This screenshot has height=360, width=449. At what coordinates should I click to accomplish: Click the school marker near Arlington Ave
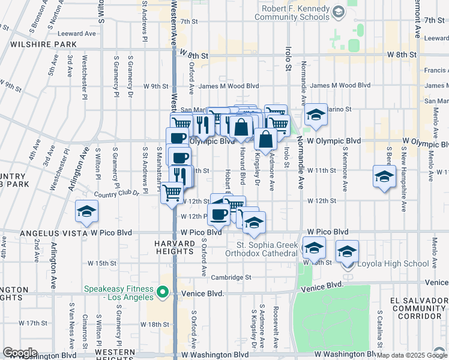point(87,213)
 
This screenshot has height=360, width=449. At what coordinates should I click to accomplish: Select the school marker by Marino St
point(316,115)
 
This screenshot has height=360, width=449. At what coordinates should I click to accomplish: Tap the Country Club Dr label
point(116,193)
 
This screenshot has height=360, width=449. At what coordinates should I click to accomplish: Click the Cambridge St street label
point(231,277)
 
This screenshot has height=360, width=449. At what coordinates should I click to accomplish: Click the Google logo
point(20,353)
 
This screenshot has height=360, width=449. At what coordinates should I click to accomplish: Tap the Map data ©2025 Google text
point(412,355)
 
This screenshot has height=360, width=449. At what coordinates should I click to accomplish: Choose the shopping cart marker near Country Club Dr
point(172,193)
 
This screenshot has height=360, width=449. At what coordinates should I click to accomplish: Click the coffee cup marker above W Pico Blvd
point(218,214)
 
